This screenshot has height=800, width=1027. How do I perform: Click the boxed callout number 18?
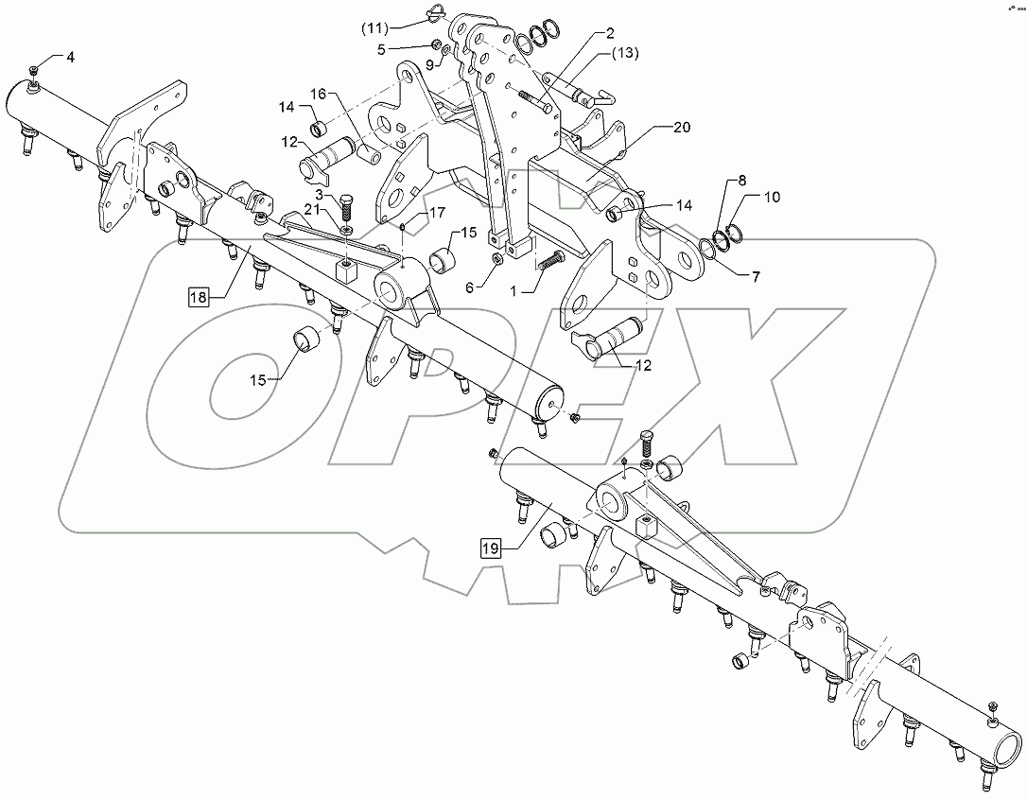tap(198, 298)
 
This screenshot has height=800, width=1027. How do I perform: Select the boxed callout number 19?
tap(489, 547)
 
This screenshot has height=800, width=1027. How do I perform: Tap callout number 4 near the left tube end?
tap(69, 58)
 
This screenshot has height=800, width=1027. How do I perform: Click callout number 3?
tap(320, 194)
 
